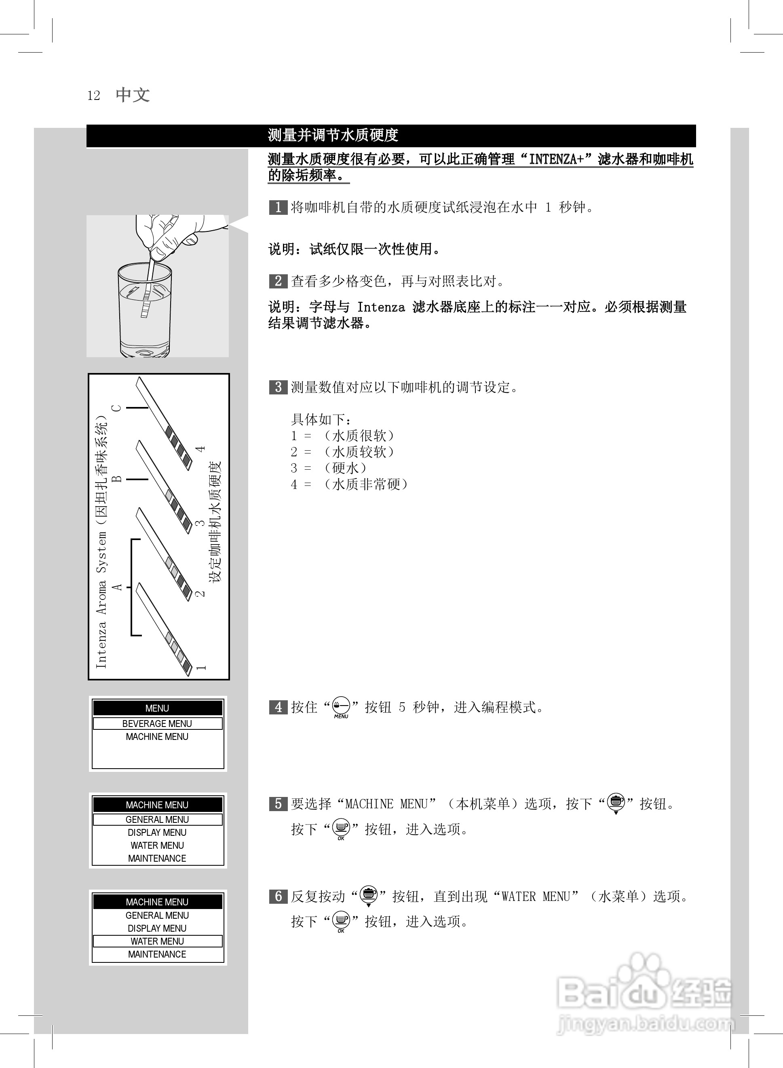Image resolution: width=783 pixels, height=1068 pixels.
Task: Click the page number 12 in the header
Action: (93, 96)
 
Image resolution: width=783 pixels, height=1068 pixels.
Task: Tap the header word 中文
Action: (133, 95)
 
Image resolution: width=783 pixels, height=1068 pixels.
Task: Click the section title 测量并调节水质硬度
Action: (333, 136)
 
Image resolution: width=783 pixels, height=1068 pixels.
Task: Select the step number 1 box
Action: (278, 207)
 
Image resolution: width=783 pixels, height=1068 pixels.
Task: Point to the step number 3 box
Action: (278, 388)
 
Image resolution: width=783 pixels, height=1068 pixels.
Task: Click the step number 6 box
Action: (278, 896)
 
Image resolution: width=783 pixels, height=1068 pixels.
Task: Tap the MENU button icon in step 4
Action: (341, 707)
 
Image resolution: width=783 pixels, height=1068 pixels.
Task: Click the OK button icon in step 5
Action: (341, 828)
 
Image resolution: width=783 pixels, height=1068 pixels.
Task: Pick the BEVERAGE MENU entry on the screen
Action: (157, 723)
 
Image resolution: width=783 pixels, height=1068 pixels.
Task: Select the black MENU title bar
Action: (157, 708)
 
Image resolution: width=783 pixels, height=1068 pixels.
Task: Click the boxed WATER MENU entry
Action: (157, 941)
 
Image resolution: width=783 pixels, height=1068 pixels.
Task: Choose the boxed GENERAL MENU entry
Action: (157, 820)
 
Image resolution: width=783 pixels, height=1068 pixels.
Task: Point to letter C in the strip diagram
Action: (116, 408)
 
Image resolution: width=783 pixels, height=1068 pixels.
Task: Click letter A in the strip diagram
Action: (116, 587)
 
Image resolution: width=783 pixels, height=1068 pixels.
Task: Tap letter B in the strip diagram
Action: (116, 479)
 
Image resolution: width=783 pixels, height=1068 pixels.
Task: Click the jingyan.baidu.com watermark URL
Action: (645, 1024)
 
